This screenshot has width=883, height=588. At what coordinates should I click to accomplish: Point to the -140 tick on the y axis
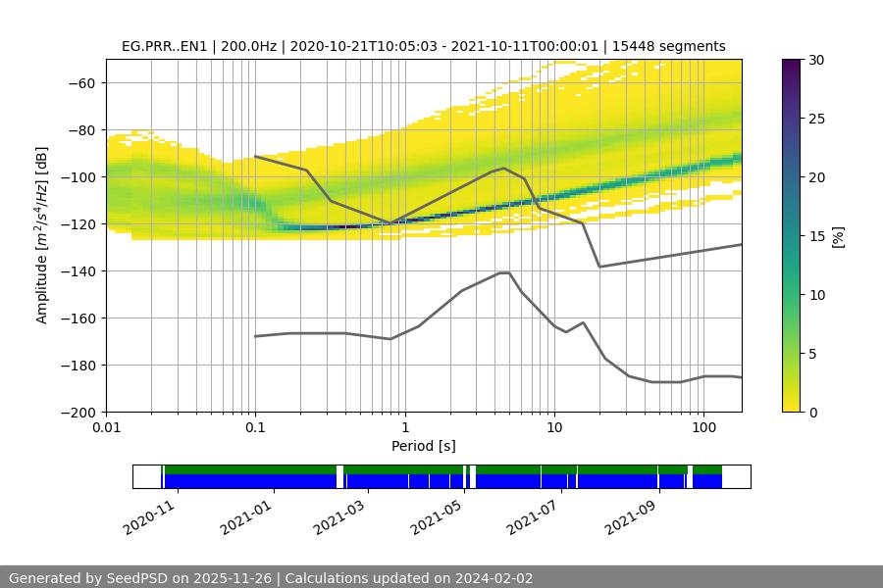(x=82, y=270)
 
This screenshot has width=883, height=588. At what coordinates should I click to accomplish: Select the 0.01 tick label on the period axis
(x=106, y=428)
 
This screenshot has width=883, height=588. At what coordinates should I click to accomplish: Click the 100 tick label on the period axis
(x=702, y=428)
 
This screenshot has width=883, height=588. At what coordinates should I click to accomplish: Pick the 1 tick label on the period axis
(x=404, y=428)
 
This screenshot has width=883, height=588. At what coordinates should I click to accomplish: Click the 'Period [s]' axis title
(x=424, y=446)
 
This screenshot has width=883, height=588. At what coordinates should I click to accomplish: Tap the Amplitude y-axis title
(x=42, y=235)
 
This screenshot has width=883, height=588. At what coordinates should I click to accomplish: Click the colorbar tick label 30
(x=815, y=60)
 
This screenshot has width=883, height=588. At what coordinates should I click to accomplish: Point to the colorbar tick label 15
(x=815, y=236)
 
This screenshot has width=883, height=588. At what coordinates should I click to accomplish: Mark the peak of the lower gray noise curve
(x=504, y=272)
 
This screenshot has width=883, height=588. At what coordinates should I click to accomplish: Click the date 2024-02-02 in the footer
(x=493, y=578)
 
